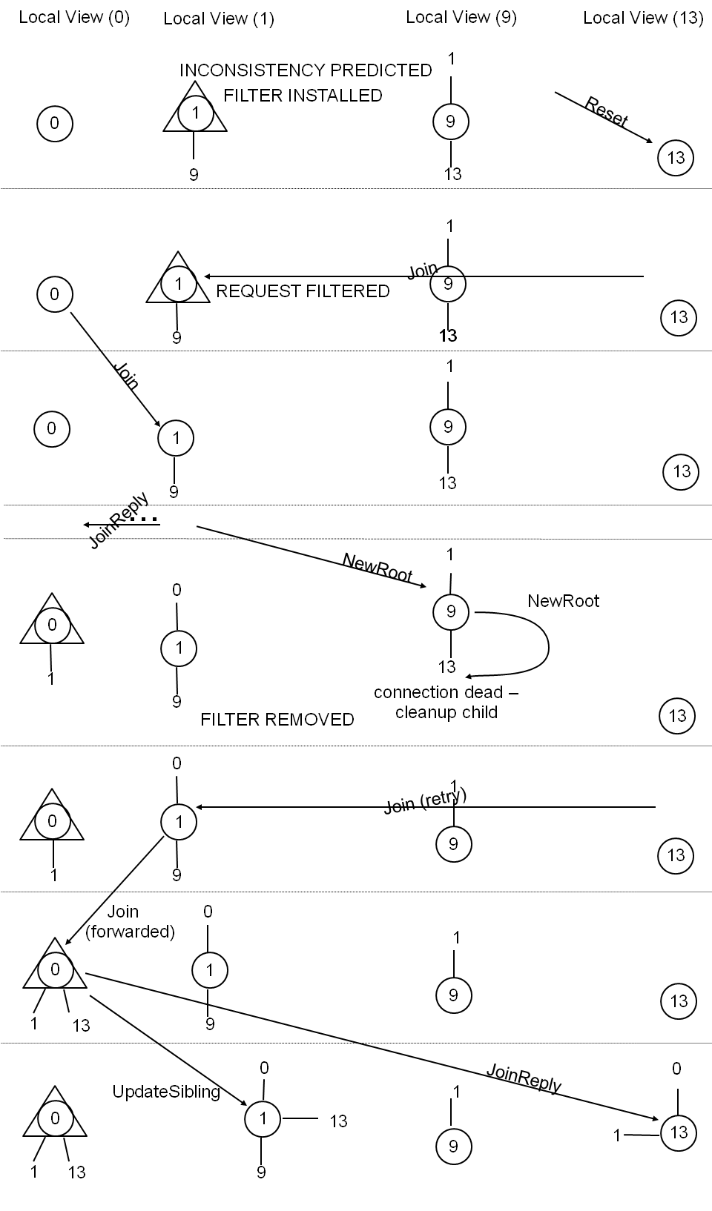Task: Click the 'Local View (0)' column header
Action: coord(74,17)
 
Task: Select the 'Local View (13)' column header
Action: coord(643,18)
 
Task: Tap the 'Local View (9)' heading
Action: coord(461,17)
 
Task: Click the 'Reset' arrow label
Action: coord(606,111)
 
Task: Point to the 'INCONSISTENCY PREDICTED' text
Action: coord(306,70)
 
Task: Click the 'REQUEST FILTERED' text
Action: coord(303,291)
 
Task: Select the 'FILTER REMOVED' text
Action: coord(277,720)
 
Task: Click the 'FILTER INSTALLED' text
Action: coord(303,96)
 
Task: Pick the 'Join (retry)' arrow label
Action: coord(425,801)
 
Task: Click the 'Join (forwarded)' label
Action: coord(130,922)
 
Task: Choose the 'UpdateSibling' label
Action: coord(166,1092)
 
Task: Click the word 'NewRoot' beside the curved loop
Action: coord(563,601)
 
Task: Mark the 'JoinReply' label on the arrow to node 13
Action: coord(524,1078)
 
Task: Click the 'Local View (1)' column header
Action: coord(219,19)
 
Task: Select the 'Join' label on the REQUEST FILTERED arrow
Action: coord(422,271)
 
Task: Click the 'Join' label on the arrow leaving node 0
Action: coord(126,376)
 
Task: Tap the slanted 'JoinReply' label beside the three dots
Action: coord(119,521)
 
